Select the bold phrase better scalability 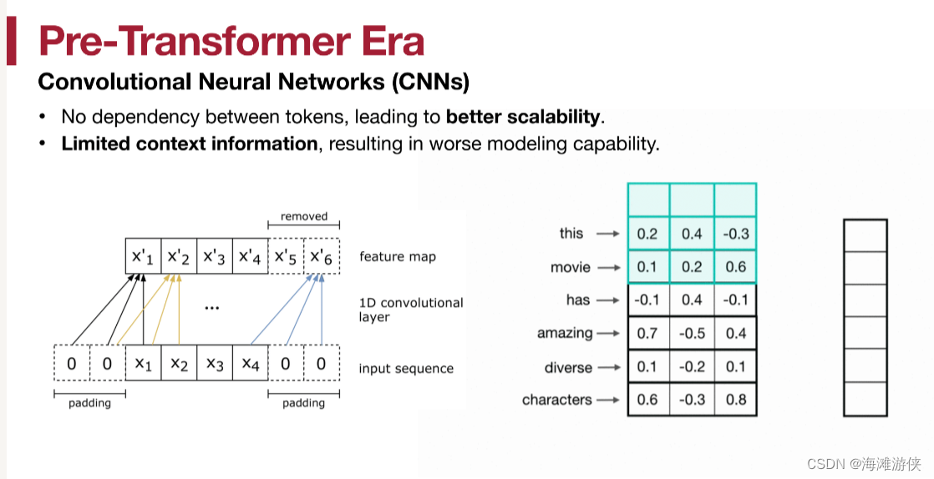[523, 116]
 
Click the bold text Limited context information [190, 144]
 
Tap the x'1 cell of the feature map [143, 255]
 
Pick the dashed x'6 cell [321, 255]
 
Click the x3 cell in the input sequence [215, 364]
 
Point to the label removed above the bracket [304, 216]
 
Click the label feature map [398, 256]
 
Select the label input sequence [406, 368]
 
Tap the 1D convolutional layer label [411, 310]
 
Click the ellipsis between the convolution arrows [211, 308]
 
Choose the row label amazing [565, 333]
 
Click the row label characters [556, 400]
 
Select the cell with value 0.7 [647, 333]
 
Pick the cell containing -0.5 [692, 333]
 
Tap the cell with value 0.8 [736, 400]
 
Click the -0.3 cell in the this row [736, 234]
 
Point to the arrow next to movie [610, 268]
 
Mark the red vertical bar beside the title [11, 42]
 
